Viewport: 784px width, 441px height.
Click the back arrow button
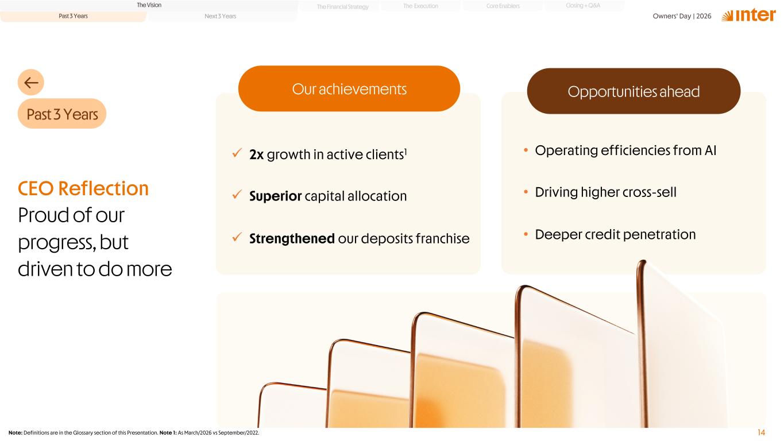point(31,82)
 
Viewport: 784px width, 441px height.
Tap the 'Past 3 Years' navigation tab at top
point(73,16)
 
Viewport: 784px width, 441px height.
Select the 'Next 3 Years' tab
point(220,16)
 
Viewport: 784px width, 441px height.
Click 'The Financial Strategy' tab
point(342,7)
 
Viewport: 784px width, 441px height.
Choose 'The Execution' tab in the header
point(420,6)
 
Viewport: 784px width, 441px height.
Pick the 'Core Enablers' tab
point(503,6)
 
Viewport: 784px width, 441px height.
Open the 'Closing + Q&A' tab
point(583,6)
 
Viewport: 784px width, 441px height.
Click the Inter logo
point(748,16)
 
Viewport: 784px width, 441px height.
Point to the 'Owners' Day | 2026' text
point(682,16)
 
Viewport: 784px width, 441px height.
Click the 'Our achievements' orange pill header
point(349,88)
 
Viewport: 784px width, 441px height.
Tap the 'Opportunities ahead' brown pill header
point(634,91)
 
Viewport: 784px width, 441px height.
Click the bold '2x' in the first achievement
point(256,154)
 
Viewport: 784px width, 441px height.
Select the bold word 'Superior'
point(275,196)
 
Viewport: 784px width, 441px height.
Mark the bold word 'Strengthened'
point(292,239)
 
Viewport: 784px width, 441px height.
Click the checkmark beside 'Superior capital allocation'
point(237,194)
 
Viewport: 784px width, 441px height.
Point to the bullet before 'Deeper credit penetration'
point(526,234)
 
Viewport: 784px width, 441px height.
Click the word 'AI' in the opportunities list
point(710,150)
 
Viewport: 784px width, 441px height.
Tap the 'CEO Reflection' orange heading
point(83,188)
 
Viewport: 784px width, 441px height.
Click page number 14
point(761,432)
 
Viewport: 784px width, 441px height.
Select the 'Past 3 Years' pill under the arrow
point(62,114)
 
